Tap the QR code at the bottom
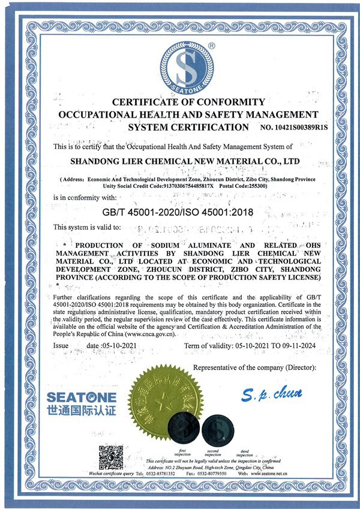tap(110, 457)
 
